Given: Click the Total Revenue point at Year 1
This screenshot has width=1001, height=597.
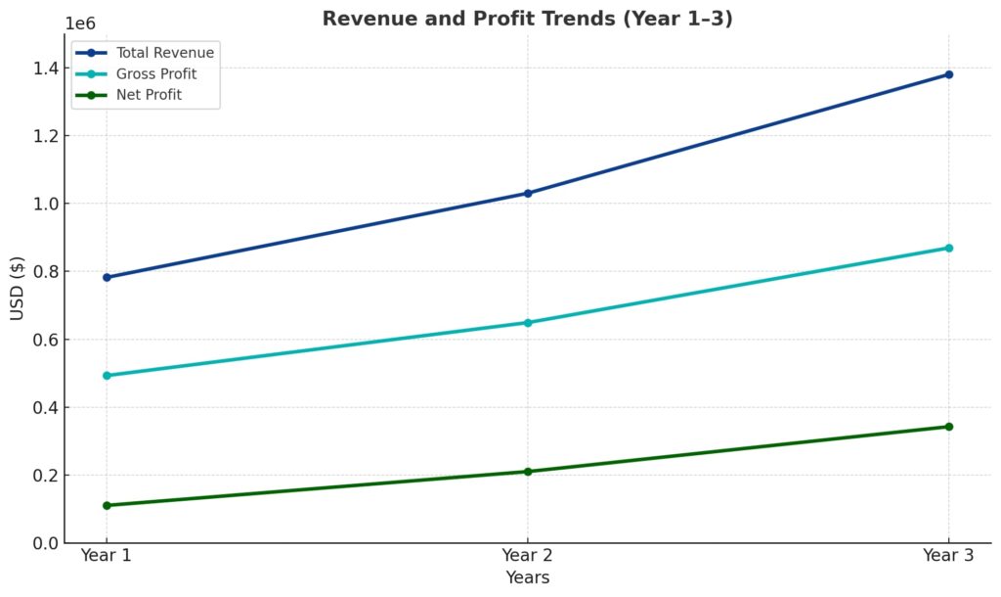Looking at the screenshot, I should [107, 277].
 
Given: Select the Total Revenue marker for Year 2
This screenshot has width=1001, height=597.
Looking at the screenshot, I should [528, 193].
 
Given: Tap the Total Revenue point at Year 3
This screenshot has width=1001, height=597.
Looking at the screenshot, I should [948, 74].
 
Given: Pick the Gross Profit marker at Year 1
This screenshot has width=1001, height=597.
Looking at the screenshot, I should [107, 375].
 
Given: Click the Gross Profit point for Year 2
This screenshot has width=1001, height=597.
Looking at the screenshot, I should [528, 322].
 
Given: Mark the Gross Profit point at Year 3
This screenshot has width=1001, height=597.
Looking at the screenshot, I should [948, 248].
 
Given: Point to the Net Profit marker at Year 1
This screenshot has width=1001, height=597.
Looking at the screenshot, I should [107, 505].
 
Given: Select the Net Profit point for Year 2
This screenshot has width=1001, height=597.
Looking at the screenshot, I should [528, 472].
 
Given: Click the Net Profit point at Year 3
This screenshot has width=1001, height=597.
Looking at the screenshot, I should [948, 427].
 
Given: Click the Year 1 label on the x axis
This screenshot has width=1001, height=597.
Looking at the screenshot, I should [107, 556].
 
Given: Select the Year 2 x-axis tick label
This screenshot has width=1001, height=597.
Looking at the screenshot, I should [528, 556].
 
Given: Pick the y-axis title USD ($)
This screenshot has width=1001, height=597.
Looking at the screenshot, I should [18, 288].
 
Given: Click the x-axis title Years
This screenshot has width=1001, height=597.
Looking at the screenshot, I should [528, 577].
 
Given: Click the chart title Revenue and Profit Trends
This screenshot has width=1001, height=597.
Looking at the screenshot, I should [528, 19].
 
